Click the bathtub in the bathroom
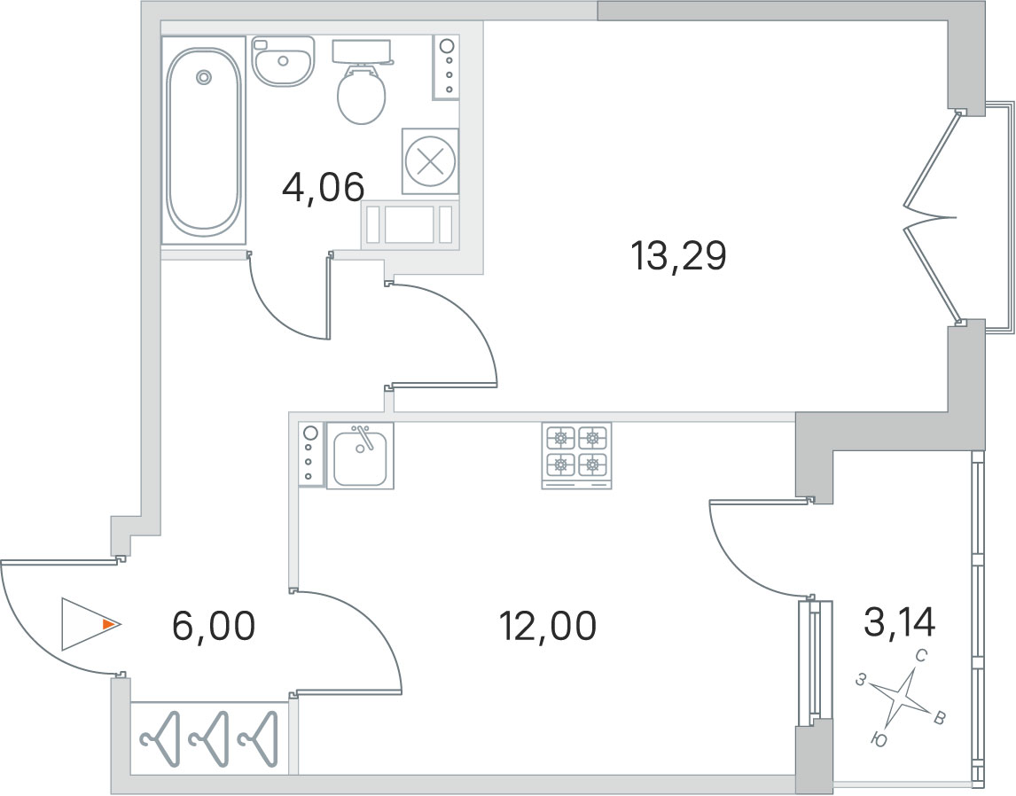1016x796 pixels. coord(203,141)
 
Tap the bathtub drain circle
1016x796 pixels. coord(203,77)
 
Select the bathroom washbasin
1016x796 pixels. coord(283,61)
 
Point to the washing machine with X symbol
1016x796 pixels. coord(430,161)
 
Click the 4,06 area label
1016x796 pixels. coord(324,187)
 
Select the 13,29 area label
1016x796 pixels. coord(678,256)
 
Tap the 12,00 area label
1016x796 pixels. coord(548,627)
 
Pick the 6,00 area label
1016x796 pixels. coord(214,627)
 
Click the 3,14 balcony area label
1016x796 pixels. coord(899,622)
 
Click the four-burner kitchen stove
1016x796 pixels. coord(576,456)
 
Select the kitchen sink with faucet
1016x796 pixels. coord(360,456)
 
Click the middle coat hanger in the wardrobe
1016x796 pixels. coord(211,738)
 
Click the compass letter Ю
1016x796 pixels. coord(879,739)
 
